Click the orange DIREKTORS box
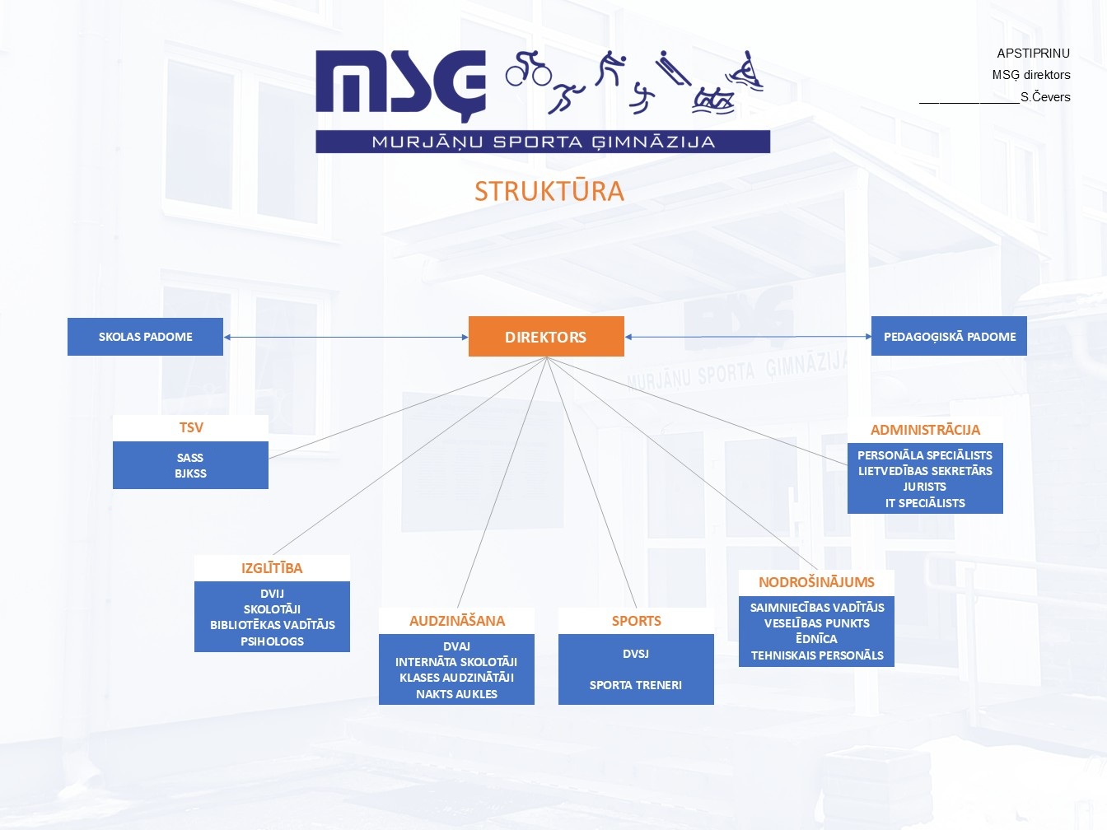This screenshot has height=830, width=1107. (x=546, y=336)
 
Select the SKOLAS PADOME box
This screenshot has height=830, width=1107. (x=145, y=337)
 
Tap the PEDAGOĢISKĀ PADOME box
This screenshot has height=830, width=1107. (x=949, y=336)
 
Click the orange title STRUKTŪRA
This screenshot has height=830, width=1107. (x=549, y=191)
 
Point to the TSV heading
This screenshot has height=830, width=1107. (x=190, y=427)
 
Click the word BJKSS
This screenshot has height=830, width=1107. (x=190, y=473)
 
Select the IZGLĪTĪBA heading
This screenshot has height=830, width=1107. (x=272, y=568)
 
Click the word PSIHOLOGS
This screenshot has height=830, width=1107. (x=272, y=641)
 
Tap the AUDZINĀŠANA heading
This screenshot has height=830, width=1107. (x=457, y=620)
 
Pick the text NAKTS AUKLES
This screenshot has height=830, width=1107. (x=456, y=694)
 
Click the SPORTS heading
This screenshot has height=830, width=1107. (x=637, y=620)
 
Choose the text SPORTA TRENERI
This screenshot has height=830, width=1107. (x=635, y=685)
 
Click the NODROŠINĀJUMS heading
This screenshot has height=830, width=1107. (x=816, y=582)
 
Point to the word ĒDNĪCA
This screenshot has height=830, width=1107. (x=816, y=638)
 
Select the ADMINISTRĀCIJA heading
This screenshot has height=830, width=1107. (x=925, y=429)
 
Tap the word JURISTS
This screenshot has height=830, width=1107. (x=924, y=487)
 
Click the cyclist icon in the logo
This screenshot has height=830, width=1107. (x=528, y=68)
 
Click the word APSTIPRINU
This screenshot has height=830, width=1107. (x=1033, y=53)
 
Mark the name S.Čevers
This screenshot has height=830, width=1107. (x=1045, y=97)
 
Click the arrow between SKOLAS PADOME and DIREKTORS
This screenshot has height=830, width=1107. (x=346, y=337)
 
